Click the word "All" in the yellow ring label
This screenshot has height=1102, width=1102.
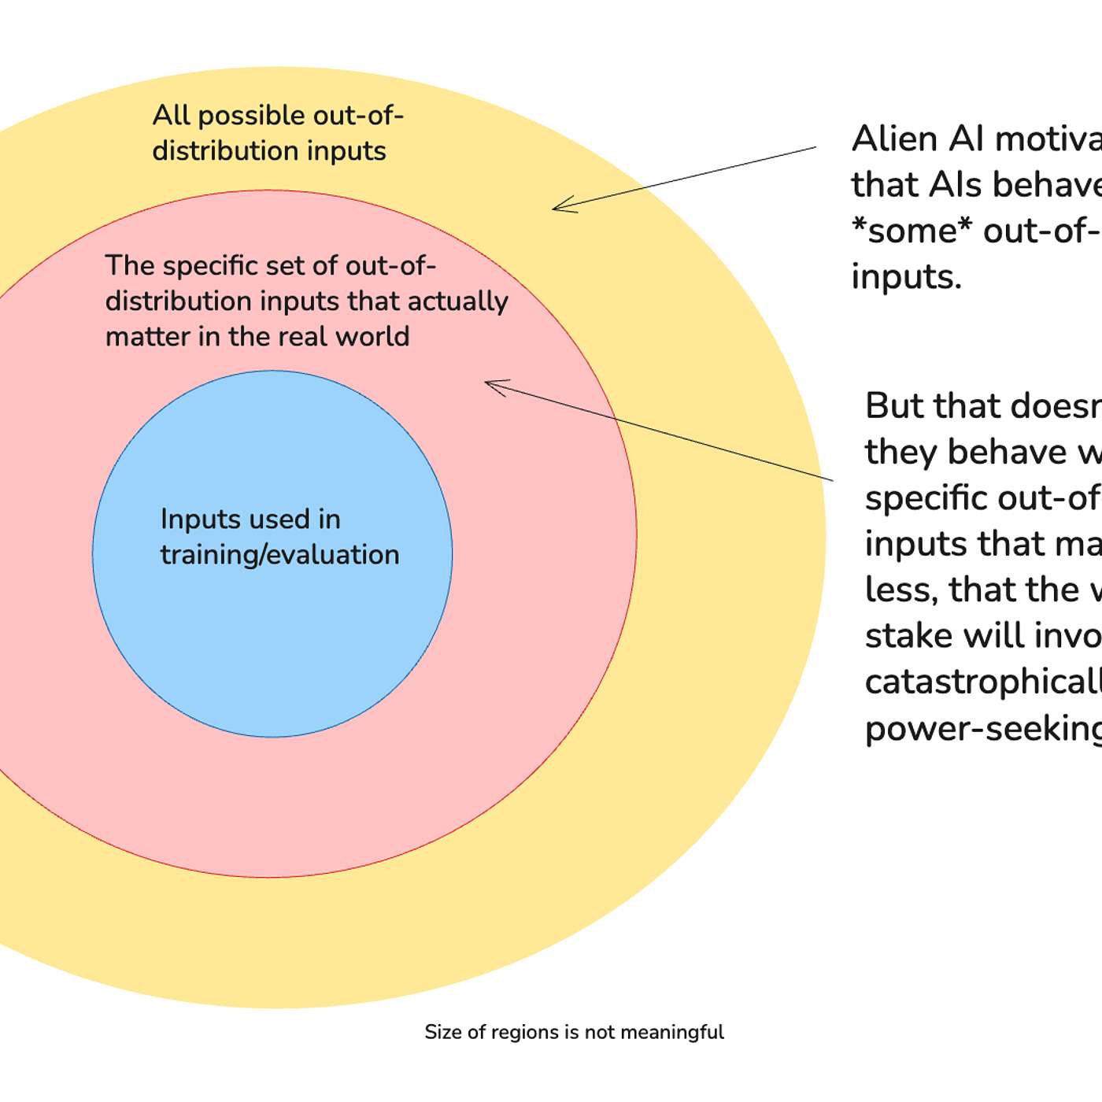172,116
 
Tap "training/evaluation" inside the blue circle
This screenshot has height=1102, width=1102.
279,555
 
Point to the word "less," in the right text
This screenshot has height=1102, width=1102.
901,590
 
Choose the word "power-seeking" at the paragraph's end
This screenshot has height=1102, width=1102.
983,729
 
